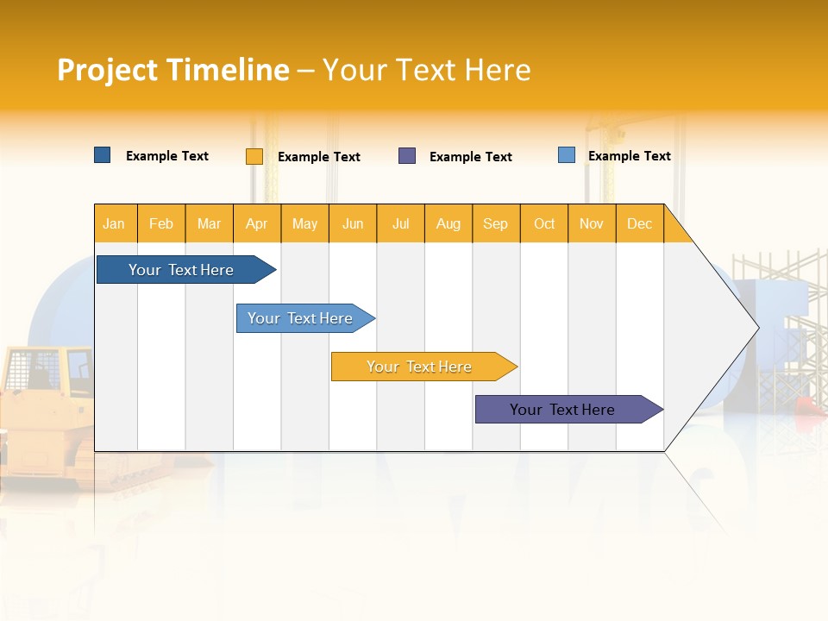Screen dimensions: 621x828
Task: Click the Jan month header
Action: click(114, 223)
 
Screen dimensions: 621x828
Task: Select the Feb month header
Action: click(161, 223)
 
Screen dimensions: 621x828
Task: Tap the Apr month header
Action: click(256, 223)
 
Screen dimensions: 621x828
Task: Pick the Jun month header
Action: click(353, 223)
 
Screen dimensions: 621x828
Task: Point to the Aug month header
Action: click(448, 223)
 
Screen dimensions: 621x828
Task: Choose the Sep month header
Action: click(495, 223)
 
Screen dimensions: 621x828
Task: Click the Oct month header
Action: click(543, 223)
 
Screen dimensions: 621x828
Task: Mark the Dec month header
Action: click(639, 223)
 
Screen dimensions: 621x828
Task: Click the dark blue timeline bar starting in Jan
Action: click(181, 270)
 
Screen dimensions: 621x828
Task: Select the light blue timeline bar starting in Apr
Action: click(300, 318)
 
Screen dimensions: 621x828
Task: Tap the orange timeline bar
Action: click(419, 367)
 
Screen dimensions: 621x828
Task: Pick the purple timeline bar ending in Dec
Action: click(562, 410)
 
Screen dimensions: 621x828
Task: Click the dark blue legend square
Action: click(103, 155)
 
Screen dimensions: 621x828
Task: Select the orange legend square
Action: click(254, 156)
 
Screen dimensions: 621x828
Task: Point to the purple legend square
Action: click(407, 156)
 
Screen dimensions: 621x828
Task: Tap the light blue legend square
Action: click(567, 155)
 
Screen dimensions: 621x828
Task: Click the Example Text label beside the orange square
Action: click(318, 157)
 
